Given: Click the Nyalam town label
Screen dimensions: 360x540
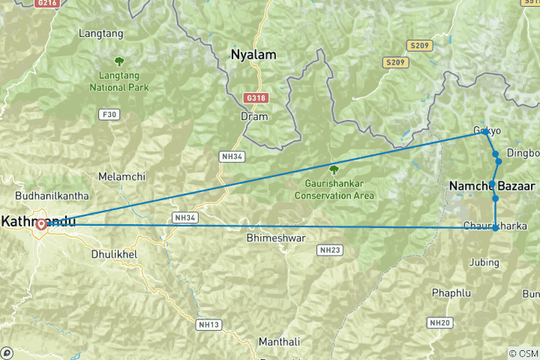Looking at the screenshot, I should [253, 55].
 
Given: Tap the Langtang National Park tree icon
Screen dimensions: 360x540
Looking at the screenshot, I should [118, 61].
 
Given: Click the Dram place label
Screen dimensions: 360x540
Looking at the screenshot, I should [253, 117].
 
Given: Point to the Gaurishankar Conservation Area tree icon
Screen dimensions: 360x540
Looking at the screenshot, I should [334, 169].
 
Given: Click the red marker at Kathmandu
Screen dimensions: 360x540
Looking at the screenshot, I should [40, 223].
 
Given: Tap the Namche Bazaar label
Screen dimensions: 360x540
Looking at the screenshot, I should [491, 185].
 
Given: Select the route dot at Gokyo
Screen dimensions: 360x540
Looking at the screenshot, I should [485, 132].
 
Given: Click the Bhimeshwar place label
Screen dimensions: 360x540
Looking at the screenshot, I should [275, 238].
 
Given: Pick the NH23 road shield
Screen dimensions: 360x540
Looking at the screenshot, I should [329, 249].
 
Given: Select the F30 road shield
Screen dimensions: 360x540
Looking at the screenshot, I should [109, 115].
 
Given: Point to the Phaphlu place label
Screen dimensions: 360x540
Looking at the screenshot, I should [451, 292].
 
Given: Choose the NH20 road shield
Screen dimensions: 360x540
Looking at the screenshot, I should [439, 322].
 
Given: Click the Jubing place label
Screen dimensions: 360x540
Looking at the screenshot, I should [484, 262].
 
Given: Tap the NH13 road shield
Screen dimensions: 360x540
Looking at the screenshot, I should [208, 325].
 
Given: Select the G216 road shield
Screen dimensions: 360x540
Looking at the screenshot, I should [46, 4].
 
